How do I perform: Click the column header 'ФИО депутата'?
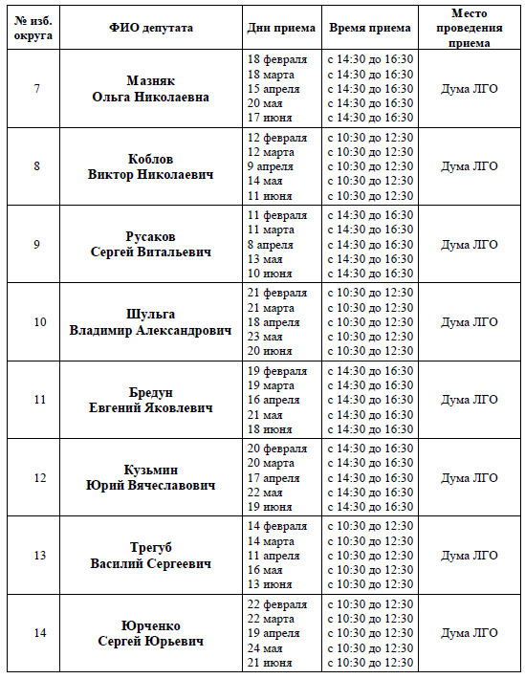(151, 28)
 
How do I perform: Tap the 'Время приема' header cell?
(370, 28)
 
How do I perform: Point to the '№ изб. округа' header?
(35, 28)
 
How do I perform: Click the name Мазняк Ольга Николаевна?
(151, 89)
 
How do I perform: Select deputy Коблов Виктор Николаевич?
(151, 166)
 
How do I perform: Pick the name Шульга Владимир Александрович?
(151, 322)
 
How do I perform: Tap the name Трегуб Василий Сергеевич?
(151, 556)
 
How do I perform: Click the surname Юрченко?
(151, 625)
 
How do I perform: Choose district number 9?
(36, 245)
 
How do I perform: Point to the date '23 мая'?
(265, 337)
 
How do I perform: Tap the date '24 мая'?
(265, 647)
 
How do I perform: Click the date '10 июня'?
(270, 274)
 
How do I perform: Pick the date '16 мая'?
(265, 570)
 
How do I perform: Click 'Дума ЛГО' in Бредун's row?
(470, 400)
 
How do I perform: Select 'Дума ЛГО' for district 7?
(470, 89)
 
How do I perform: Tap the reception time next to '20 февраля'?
(370, 449)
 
